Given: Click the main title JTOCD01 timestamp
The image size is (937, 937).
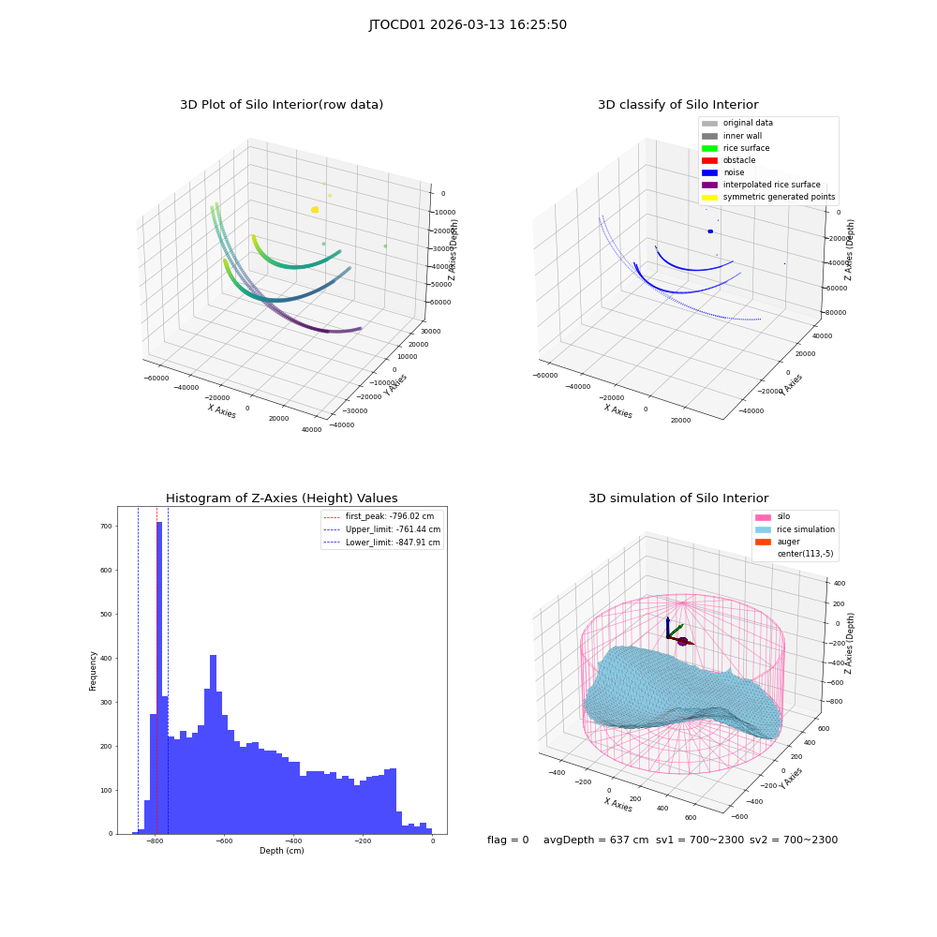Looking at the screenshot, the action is coord(468,25).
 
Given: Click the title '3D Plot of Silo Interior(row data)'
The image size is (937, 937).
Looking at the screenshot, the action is coord(281,105).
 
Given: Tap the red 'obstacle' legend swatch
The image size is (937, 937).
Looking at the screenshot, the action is coord(709,161).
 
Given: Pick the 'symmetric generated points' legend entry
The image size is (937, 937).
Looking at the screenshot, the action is coord(768,197).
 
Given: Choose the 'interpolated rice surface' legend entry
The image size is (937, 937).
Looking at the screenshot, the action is coord(761,185).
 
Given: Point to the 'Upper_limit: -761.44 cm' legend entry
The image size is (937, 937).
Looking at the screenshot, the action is coord(382,529).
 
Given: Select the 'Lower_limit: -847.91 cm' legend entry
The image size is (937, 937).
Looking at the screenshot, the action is coord(382,543).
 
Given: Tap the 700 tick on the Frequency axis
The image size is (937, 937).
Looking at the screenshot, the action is coord(106,527).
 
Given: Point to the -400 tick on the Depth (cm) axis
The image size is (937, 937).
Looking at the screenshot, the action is coord(292,840).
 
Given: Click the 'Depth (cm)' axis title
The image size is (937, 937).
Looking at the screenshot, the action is coord(281,851).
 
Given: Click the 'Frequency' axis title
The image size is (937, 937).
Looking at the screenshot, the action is coord(93,671).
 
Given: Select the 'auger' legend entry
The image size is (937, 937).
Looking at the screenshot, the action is coord(778,542).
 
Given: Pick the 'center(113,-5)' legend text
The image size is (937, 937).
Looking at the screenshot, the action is coord(805,554).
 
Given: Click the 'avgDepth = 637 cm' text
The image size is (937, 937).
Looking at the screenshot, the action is coord(596,840).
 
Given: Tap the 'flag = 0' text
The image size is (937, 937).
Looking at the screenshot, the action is coord(508,840).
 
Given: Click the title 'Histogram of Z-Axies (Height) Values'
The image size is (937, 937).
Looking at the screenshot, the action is coord(281,498).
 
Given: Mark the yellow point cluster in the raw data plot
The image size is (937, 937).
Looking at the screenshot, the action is coord(315,210).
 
